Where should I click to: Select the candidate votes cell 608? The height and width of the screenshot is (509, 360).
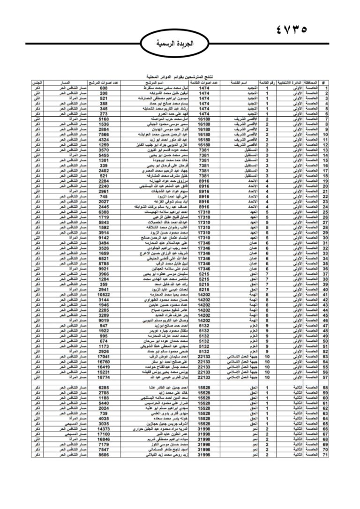click(104, 88)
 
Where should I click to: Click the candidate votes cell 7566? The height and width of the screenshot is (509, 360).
click(104, 134)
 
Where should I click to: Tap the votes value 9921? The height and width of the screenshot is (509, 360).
click(104, 269)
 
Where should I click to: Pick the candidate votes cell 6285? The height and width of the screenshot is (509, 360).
click(104, 388)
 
